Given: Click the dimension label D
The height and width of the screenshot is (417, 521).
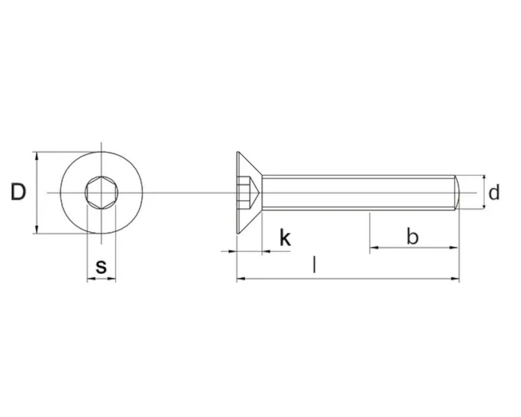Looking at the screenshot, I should (19, 192).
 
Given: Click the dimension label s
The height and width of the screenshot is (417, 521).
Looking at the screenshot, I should (101, 265).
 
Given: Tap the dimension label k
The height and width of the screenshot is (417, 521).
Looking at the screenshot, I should (285, 238).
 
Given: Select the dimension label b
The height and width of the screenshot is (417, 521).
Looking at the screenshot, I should (413, 236).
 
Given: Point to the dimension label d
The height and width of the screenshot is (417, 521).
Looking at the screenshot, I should (494, 193).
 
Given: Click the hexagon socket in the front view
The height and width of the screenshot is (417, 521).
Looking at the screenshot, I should (101, 193).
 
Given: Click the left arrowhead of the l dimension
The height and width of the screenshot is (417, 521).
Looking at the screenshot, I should (240, 279).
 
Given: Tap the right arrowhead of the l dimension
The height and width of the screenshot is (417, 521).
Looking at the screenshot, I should (456, 279).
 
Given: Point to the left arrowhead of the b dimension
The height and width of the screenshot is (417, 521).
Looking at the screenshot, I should (374, 247).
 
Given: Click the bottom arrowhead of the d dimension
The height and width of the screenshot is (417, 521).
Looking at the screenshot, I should (483, 206).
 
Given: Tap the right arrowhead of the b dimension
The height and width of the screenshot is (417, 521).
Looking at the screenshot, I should (456, 247).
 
